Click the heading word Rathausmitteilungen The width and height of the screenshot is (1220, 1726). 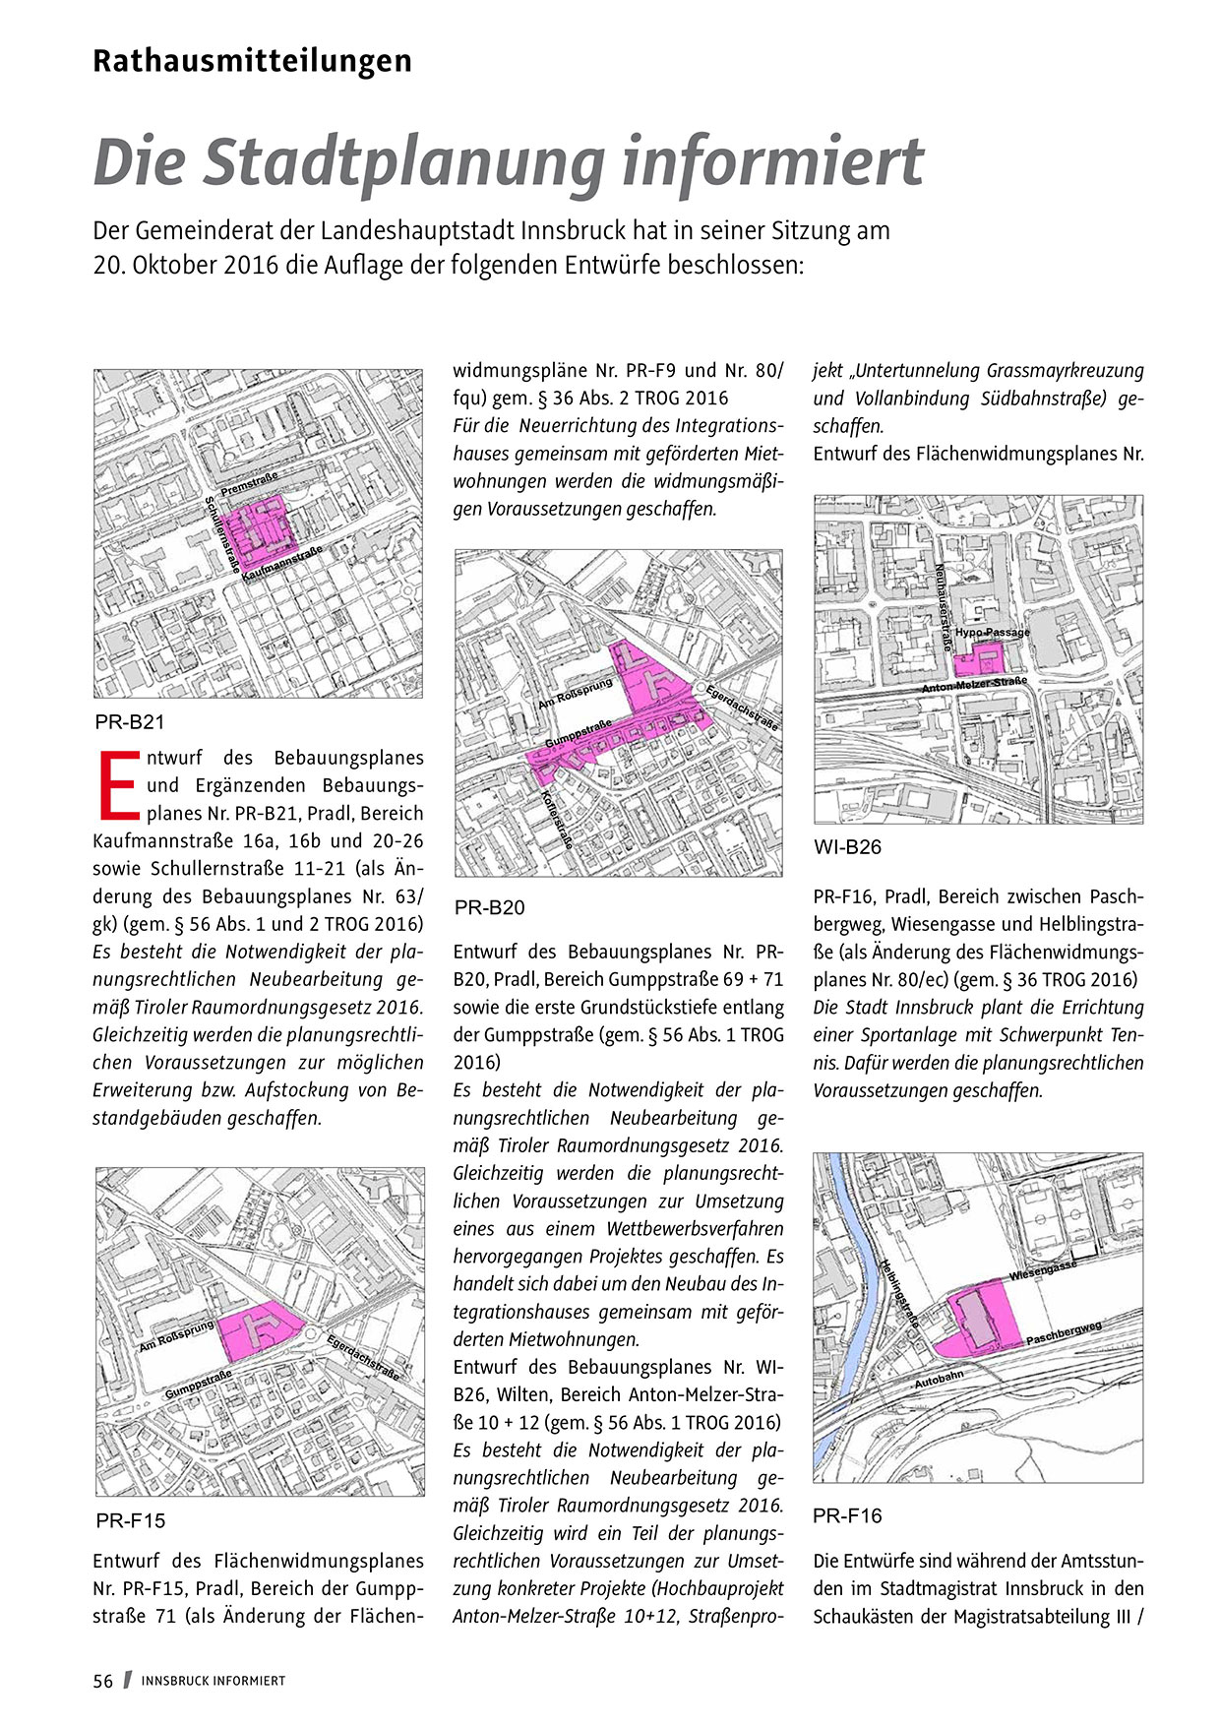[x=252, y=61]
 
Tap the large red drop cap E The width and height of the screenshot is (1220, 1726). [x=117, y=785]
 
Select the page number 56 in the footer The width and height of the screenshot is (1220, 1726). [x=103, y=1681]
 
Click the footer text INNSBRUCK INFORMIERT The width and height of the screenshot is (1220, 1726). [x=213, y=1681]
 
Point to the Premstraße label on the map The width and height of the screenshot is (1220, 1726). [x=249, y=482]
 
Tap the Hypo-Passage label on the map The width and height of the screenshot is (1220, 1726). [x=992, y=632]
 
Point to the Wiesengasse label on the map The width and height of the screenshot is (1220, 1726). [x=1043, y=1269]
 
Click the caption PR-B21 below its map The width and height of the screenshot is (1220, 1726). [x=130, y=722]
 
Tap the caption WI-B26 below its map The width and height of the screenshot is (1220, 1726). [x=848, y=847]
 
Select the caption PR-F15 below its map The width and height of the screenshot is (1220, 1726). [x=131, y=1520]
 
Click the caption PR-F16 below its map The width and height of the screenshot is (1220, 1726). [x=848, y=1515]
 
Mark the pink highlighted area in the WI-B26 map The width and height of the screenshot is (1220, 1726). [x=981, y=658]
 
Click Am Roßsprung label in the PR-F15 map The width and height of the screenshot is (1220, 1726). [x=176, y=1335]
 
